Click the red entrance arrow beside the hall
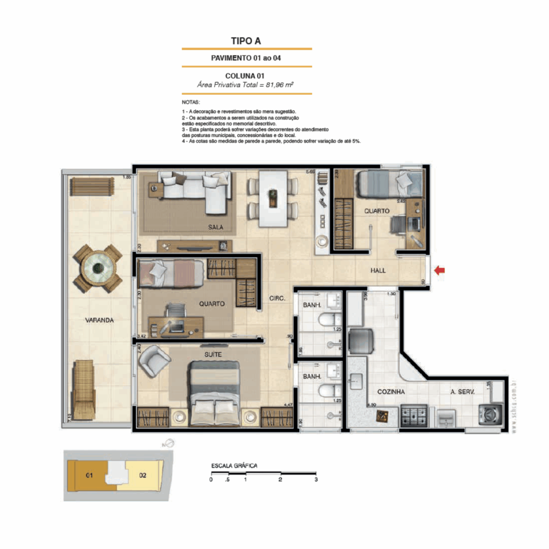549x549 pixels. coord(440,270)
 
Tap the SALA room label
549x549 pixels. coord(215,227)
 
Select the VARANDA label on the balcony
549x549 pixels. coord(99,320)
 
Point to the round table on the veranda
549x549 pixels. coord(98,268)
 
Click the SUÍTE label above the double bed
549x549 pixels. coord(213,354)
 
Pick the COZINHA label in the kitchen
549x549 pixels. coord(391,392)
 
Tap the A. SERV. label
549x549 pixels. coord(462,392)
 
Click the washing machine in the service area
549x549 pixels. coord(490,414)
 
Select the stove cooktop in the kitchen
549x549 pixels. coord(413,415)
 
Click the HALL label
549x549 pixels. coord(378,270)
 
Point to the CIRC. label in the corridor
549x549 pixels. coord(277,298)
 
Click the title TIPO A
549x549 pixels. coord(246,41)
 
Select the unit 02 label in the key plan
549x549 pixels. coord(142,475)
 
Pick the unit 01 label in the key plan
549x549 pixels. coord(89,475)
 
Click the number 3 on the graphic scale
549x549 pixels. coord(316,480)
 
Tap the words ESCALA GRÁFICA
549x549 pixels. coord(234,465)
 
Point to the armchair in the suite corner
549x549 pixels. coord(154,360)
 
